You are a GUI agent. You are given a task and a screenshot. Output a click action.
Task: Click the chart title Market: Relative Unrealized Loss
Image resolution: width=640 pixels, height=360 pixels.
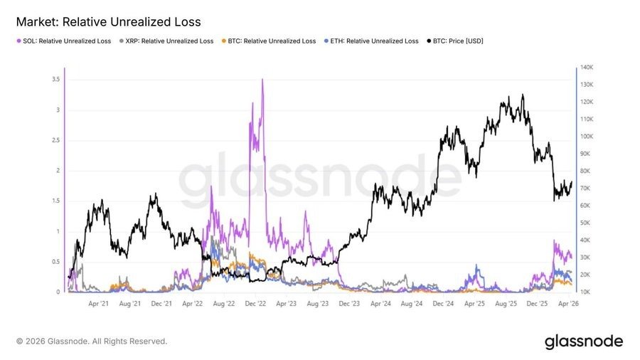[108, 22]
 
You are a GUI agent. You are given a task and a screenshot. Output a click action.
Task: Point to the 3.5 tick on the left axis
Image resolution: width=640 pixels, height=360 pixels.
[55, 80]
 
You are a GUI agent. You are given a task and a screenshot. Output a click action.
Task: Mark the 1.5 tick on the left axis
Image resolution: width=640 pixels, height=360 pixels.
[55, 201]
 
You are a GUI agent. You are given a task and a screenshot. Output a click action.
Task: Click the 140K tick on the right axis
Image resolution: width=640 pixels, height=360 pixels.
[587, 68]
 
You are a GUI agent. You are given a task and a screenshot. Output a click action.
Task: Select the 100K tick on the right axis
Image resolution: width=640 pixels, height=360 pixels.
[587, 137]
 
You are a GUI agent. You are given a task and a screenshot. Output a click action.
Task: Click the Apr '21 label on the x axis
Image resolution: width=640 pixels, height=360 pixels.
[98, 304]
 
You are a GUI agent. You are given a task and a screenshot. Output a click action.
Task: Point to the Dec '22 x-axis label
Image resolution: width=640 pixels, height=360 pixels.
[255, 304]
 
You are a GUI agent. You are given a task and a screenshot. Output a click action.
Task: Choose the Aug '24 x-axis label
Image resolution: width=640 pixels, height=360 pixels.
[412, 304]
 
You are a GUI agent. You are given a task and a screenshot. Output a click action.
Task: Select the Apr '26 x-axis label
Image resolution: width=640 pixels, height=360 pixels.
[570, 304]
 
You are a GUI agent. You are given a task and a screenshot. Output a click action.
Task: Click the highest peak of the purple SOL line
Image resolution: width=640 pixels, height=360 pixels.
[263, 80]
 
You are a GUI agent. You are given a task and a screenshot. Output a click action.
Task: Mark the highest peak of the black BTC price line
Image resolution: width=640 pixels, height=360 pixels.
[523, 95]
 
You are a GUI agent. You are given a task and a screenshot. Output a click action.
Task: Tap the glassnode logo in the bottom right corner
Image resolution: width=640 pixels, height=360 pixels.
[583, 342]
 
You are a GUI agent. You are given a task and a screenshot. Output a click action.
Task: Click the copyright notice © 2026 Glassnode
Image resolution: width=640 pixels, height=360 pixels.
[92, 342]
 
